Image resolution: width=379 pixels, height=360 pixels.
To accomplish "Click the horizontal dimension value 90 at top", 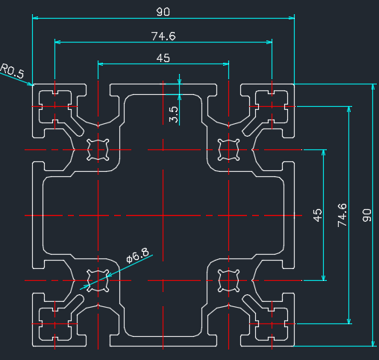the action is pos(163,12).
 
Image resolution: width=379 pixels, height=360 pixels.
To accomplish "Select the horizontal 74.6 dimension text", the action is pos(163,37).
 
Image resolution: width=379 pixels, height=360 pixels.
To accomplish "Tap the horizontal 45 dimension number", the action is pos(163,58).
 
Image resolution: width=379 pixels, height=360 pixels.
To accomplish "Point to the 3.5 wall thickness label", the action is pos(174,114).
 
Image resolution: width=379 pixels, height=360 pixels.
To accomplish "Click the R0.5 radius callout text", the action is pos(12,71).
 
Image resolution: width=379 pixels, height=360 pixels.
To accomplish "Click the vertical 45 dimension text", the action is pos(318,215).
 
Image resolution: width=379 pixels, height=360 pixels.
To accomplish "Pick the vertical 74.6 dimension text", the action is pos(342,215).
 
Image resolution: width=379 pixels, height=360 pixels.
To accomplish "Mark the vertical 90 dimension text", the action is pos(367,215).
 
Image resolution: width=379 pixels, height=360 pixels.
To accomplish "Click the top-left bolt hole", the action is pos(98,149).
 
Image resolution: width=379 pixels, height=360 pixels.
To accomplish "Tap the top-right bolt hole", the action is pos(228,149).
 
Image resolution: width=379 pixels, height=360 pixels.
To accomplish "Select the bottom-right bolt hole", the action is pos(228,281).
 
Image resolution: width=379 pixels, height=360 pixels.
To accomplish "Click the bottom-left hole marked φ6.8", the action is pos(98,281).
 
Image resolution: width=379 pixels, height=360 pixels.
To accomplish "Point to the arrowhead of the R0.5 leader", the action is pos(32,85).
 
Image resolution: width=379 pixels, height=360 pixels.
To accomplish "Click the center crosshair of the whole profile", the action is pos(163,215).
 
